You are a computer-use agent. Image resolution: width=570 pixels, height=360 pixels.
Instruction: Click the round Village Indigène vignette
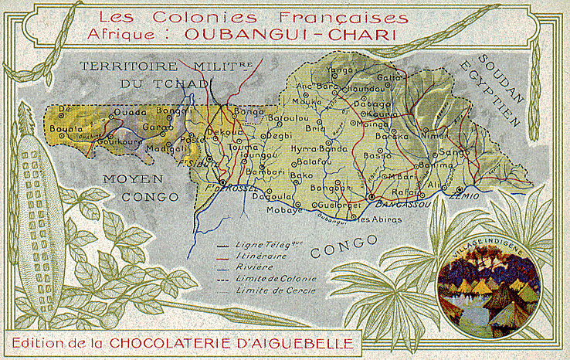tap(488, 296)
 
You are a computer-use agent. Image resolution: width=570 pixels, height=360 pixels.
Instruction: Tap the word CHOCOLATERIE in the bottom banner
tap(226, 341)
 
